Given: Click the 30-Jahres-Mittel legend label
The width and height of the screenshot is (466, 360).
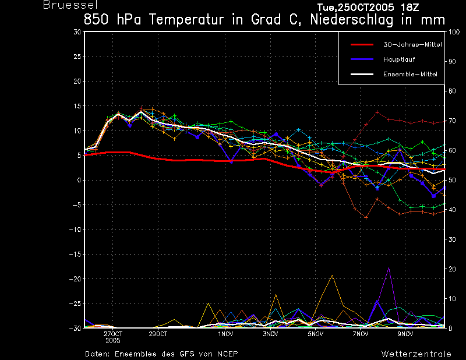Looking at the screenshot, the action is click(x=412, y=45).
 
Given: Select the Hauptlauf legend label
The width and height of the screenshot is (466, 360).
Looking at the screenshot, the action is click(x=399, y=59).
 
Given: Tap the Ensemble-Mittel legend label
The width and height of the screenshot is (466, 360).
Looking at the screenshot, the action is click(x=410, y=74).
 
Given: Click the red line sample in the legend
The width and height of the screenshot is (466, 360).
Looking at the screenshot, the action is click(x=362, y=45).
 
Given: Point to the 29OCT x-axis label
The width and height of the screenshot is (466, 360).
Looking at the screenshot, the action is click(x=158, y=334).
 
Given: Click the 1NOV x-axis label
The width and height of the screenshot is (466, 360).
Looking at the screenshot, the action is click(x=225, y=334).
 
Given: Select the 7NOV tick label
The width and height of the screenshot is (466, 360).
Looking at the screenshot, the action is click(x=361, y=334).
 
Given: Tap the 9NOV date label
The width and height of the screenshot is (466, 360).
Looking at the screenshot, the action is click(x=405, y=334).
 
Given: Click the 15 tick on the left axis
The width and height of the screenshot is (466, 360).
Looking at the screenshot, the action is click(x=77, y=106).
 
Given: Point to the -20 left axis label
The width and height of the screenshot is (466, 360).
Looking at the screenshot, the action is click(x=75, y=279).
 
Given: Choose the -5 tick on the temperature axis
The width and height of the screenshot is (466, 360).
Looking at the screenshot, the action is click(x=77, y=205).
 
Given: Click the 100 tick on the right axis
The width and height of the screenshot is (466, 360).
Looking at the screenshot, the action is click(x=454, y=32).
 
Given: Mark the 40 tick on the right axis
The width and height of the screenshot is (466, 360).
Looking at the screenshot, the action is click(x=452, y=210).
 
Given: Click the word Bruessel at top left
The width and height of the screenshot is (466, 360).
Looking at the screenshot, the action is click(x=70, y=5).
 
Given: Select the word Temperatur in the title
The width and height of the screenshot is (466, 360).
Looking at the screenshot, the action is click(x=186, y=20).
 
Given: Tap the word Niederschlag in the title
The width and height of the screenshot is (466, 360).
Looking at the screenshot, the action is click(x=352, y=20).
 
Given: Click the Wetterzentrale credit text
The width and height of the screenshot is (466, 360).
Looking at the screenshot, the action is click(x=416, y=354).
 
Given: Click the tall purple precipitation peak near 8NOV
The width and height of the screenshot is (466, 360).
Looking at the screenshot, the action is click(x=389, y=268).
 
